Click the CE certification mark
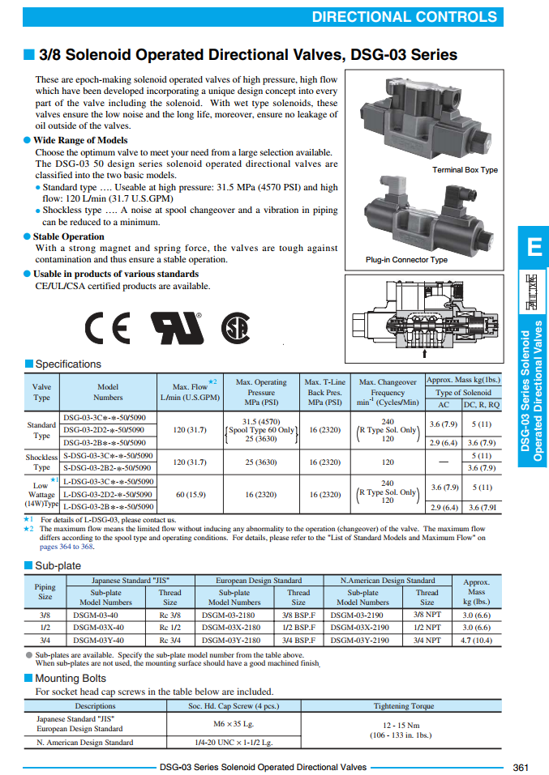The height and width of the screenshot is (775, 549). (x=108, y=327)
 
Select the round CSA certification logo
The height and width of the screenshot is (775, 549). (x=235, y=327)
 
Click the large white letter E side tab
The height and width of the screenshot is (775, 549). (x=533, y=247)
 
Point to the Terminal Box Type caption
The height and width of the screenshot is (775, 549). (x=465, y=170)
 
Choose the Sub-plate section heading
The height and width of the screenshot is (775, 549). (x=58, y=566)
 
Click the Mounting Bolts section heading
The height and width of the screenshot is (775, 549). (x=70, y=679)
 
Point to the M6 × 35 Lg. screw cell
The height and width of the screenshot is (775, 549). (x=234, y=723)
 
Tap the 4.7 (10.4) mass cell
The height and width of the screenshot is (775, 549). (x=476, y=640)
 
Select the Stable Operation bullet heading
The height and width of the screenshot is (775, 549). (x=68, y=236)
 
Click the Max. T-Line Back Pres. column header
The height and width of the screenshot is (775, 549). (x=324, y=392)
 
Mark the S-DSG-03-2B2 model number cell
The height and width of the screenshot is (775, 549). (x=104, y=467)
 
